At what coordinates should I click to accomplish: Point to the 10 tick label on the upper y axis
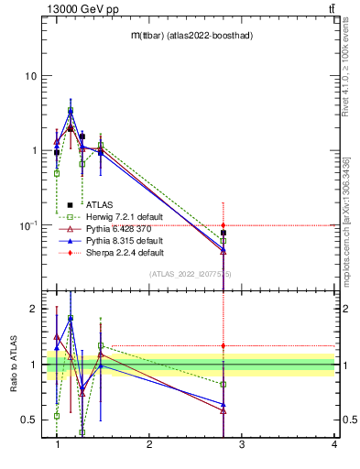(31, 75)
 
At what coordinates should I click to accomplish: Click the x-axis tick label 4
(333, 443)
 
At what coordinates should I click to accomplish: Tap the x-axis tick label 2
(149, 443)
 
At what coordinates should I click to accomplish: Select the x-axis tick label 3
(241, 443)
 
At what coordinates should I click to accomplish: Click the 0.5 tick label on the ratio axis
(28, 420)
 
